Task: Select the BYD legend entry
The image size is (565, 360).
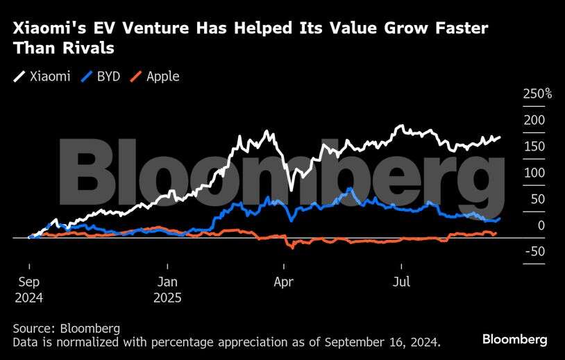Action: pyautogui.click(x=101, y=76)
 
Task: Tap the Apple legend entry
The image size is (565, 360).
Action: pyautogui.click(x=155, y=76)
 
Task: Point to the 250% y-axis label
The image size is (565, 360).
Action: pyautogui.click(x=537, y=94)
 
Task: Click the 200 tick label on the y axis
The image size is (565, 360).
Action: pyautogui.click(x=534, y=120)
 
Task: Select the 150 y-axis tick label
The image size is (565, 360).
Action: pyautogui.click(x=534, y=146)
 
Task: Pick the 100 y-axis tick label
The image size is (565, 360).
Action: pyautogui.click(x=534, y=173)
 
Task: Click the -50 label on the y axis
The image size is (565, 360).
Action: pyautogui.click(x=533, y=251)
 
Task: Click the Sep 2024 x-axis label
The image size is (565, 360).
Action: pyautogui.click(x=28, y=290)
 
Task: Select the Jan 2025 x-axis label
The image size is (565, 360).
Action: pyautogui.click(x=167, y=290)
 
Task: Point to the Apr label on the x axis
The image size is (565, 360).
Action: pyautogui.click(x=284, y=282)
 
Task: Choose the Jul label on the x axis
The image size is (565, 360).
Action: pyautogui.click(x=401, y=282)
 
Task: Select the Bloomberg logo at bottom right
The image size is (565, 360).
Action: pyautogui.click(x=514, y=339)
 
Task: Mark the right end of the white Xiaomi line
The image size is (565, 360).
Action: pyautogui.click(x=500, y=137)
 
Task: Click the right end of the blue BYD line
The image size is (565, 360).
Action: pyautogui.click(x=500, y=218)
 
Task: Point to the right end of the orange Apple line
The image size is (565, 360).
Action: pyautogui.click(x=496, y=234)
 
